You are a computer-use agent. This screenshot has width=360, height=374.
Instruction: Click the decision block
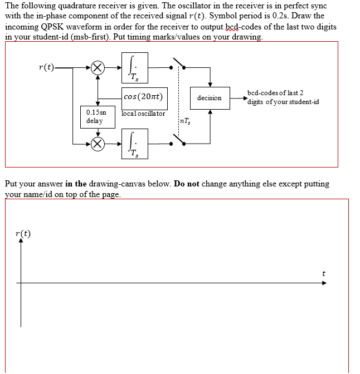point(209,98)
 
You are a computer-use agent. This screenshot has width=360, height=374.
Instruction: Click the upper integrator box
point(135,66)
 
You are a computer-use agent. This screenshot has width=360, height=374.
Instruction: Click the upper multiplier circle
point(98,67)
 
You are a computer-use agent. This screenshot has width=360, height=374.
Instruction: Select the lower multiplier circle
point(98,144)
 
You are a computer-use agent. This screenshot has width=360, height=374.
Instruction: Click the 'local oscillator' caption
point(143,114)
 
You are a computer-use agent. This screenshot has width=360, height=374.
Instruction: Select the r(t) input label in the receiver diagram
point(47,67)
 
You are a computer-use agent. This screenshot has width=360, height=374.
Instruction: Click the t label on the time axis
point(324,273)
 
